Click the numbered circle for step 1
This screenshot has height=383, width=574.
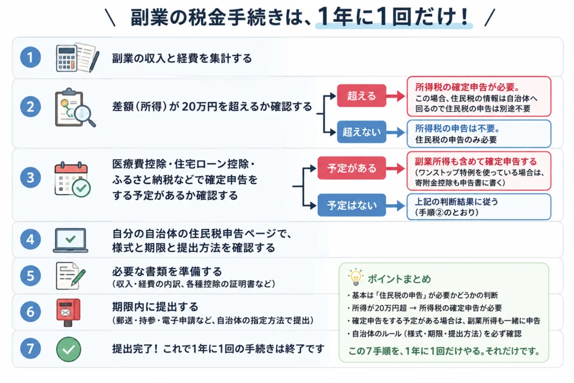[30, 57]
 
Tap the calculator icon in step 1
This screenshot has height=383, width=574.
[67, 58]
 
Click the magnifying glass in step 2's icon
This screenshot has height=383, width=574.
[85, 114]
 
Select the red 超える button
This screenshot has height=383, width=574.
[362, 95]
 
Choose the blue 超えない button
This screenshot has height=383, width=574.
[362, 131]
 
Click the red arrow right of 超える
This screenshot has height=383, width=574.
[396, 96]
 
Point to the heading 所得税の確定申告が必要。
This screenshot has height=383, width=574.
[467, 87]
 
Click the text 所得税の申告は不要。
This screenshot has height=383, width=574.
[457, 128]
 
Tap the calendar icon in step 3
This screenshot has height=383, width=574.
[72, 179]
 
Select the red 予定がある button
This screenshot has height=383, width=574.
[351, 168]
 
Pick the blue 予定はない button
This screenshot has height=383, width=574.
[351, 205]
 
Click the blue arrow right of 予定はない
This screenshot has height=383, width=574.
[396, 205]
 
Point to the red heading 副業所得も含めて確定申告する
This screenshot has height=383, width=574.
[475, 161]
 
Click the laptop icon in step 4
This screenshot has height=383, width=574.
[71, 241]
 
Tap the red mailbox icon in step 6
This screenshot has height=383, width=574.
[68, 312]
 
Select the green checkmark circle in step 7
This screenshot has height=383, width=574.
[68, 349]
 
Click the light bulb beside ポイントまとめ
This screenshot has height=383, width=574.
[355, 278]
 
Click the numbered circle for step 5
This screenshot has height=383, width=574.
[30, 275]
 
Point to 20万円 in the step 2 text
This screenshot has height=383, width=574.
[199, 107]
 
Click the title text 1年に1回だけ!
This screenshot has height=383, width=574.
[394, 16]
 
